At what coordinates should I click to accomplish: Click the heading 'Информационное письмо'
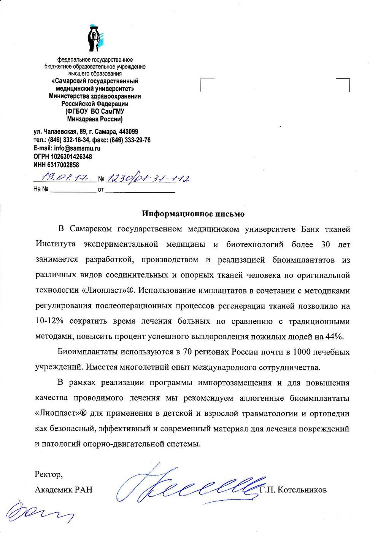[193, 214]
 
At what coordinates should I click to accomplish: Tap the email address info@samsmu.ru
[77, 148]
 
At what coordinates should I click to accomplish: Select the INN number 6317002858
[63, 165]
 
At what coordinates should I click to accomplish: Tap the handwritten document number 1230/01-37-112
[148, 178]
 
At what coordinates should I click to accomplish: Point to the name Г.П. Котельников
[294, 490]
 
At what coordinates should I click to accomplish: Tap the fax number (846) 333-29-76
[130, 140]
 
